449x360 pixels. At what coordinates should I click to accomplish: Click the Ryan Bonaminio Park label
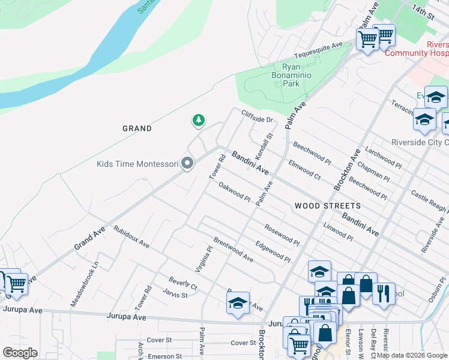(x=291, y=76)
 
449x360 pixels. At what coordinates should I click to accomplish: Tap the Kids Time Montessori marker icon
(x=188, y=163)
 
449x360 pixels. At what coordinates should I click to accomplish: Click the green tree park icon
(x=198, y=121)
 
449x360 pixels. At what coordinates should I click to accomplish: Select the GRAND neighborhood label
(x=137, y=128)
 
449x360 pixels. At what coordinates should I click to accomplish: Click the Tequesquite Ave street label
(x=322, y=47)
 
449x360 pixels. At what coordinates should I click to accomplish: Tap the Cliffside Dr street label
(x=257, y=116)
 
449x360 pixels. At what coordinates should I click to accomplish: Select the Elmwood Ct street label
(x=304, y=169)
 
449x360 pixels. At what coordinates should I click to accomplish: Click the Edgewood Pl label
(x=273, y=251)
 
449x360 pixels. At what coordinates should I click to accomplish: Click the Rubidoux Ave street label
(x=131, y=237)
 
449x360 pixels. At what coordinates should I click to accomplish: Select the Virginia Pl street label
(x=205, y=258)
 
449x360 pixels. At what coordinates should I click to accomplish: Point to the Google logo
(x=20, y=352)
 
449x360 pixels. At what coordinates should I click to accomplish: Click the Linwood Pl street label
(x=338, y=230)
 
